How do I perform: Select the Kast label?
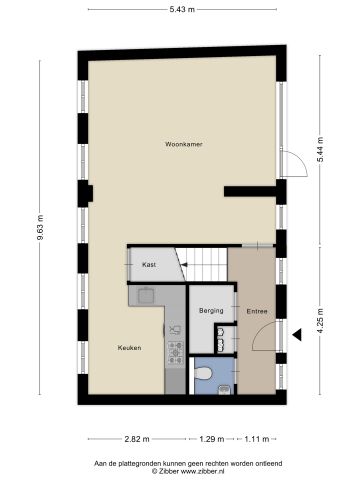click(149, 264)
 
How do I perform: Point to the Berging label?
click(211, 311)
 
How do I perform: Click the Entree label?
click(256, 311)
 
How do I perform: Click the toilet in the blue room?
click(204, 373)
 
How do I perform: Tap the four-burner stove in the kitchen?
click(174, 349)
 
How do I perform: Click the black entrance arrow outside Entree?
click(297, 335)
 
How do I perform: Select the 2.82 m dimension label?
click(136, 438)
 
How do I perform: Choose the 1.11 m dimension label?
click(258, 438)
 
